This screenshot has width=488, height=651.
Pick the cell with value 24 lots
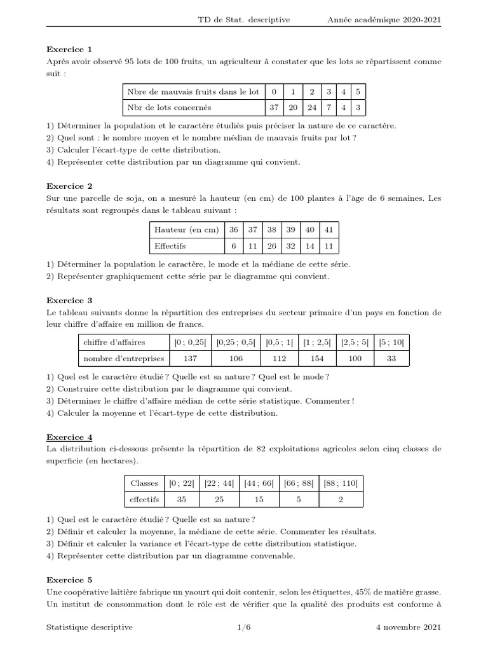pyautogui.click(x=311, y=108)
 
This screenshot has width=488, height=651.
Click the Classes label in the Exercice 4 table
pyautogui.click(x=144, y=484)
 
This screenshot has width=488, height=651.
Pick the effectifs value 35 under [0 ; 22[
pyautogui.click(x=182, y=500)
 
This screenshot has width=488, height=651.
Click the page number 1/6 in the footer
pyautogui.click(x=244, y=627)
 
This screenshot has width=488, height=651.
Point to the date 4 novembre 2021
pyautogui.click(x=409, y=627)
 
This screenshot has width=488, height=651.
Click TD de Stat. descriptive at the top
pyautogui.click(x=244, y=20)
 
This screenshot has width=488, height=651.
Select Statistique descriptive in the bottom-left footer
pyautogui.click(x=90, y=627)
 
